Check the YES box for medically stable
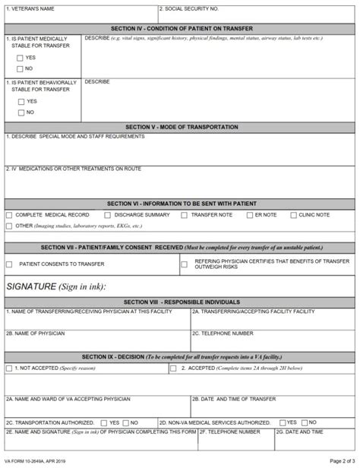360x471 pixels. click(20, 58)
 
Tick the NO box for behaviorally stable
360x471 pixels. click(20, 112)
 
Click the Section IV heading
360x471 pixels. click(180, 27)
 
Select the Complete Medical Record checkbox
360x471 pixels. click(9, 215)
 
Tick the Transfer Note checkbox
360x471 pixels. click(184, 215)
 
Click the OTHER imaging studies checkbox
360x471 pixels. click(9, 226)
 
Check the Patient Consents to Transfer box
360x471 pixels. click(9, 264)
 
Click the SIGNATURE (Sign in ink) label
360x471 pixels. click(55, 286)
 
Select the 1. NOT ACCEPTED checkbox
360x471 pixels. click(9, 368)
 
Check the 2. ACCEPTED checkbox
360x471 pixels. click(173, 368)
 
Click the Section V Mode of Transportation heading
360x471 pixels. click(180, 127)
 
